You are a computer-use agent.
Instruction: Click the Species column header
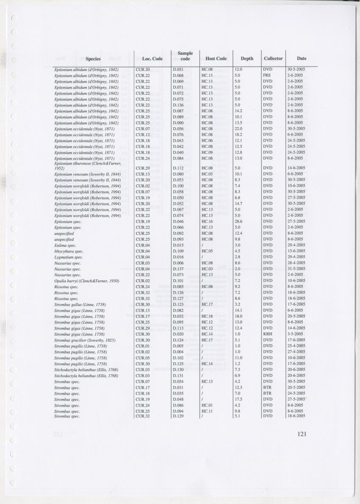pyautogui.click(x=93, y=58)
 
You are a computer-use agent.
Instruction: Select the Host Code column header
pyautogui.click(x=216, y=58)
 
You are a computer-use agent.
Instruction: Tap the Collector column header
pyautogui.click(x=273, y=58)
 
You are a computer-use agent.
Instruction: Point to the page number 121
pyautogui.click(x=302, y=434)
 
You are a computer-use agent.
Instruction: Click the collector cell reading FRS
pyautogui.click(x=266, y=75)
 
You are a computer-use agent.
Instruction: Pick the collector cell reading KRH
pyautogui.click(x=267, y=334)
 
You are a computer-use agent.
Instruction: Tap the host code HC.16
pyautogui.click(x=207, y=221)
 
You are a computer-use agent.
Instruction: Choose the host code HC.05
pyautogui.click(x=207, y=251)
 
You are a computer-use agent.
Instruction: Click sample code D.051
pyautogui.click(x=178, y=69)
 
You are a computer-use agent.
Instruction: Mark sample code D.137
pyautogui.click(x=178, y=269)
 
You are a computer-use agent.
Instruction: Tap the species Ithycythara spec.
pyautogui.click(x=69, y=251)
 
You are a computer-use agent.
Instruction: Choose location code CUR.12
pyautogui.click(x=143, y=134)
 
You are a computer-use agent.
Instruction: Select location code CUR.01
pyautogui.click(x=143, y=346)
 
